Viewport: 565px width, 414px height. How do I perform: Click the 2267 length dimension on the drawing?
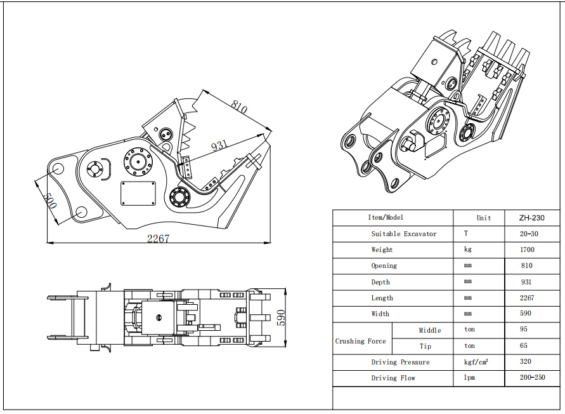pos(159,239)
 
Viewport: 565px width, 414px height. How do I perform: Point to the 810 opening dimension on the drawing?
pos(239,106)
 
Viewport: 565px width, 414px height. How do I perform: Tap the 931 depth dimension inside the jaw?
pos(218,145)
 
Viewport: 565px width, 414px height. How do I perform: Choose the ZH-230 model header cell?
pos(530,218)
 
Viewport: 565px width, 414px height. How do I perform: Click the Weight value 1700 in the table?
pos(526,250)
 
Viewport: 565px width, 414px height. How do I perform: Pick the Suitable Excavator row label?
pos(403,234)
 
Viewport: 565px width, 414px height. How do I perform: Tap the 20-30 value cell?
pos(528,234)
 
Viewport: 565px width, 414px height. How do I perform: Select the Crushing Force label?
pos(360,341)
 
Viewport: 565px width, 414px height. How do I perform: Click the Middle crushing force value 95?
pos(523,329)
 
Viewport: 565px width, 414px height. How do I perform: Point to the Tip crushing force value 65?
pos(523,345)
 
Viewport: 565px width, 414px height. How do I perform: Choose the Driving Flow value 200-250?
pos(532,378)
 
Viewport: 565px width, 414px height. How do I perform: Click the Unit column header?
pos(483,218)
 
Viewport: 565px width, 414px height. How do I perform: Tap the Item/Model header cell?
pos(386,217)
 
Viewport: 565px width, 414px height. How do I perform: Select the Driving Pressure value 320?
pos(526,362)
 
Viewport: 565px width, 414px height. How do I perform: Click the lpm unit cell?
pos(469,378)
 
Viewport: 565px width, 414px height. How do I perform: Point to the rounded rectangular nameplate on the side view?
pos(138,193)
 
